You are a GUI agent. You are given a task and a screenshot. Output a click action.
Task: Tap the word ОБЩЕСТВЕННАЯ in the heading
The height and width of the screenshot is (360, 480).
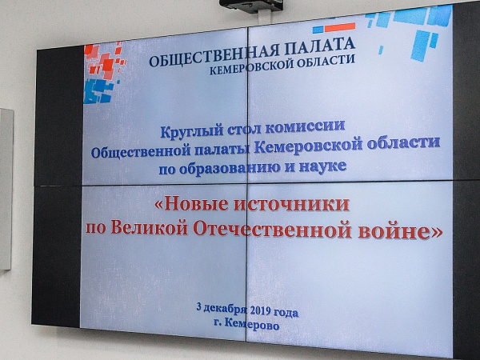point(214,54)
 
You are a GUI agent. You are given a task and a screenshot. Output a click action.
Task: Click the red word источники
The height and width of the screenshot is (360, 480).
point(292,204)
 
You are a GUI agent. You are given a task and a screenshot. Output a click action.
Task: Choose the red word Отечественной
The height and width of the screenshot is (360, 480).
point(272,230)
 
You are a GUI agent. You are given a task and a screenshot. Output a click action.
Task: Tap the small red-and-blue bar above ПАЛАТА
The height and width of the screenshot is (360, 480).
point(334,28)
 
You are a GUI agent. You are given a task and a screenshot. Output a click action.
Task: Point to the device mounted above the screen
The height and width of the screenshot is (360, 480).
point(250,5)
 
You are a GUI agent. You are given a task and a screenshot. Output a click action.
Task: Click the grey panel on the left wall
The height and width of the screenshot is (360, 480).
point(6,189)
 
